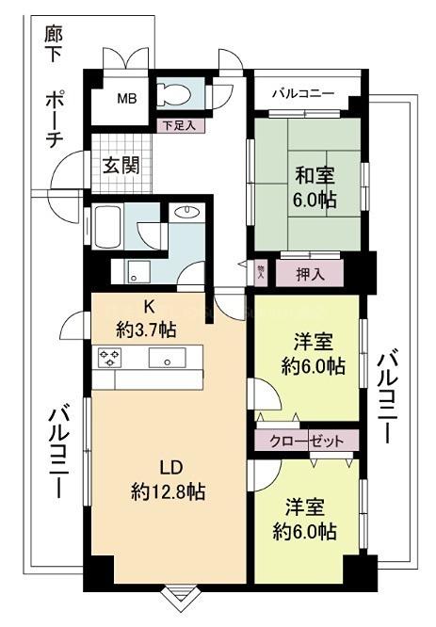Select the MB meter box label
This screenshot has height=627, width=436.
click(x=126, y=97)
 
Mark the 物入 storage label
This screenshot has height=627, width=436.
click(x=261, y=271)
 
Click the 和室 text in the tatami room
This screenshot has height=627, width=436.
click(x=312, y=176)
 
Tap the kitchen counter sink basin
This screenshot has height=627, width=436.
click(x=170, y=360)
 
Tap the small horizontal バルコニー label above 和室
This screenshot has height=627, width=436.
click(x=303, y=94)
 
